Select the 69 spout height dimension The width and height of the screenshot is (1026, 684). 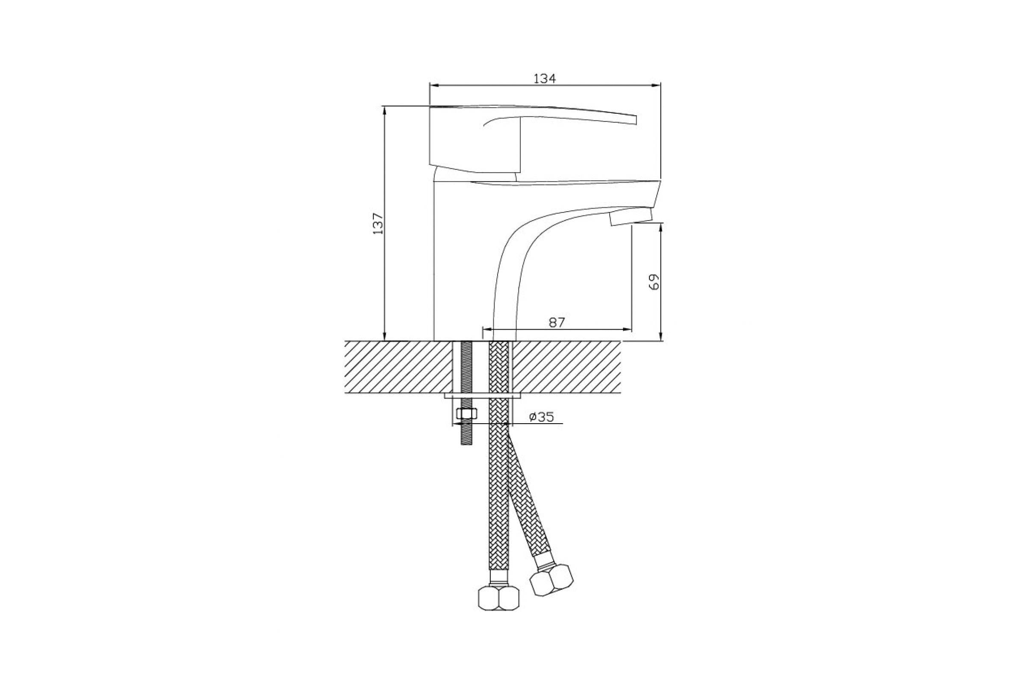point(654,282)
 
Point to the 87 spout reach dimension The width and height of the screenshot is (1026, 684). point(557,322)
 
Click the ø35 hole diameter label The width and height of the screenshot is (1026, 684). point(541,417)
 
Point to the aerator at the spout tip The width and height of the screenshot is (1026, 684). point(631,217)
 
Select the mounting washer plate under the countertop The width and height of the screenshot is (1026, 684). point(483,396)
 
